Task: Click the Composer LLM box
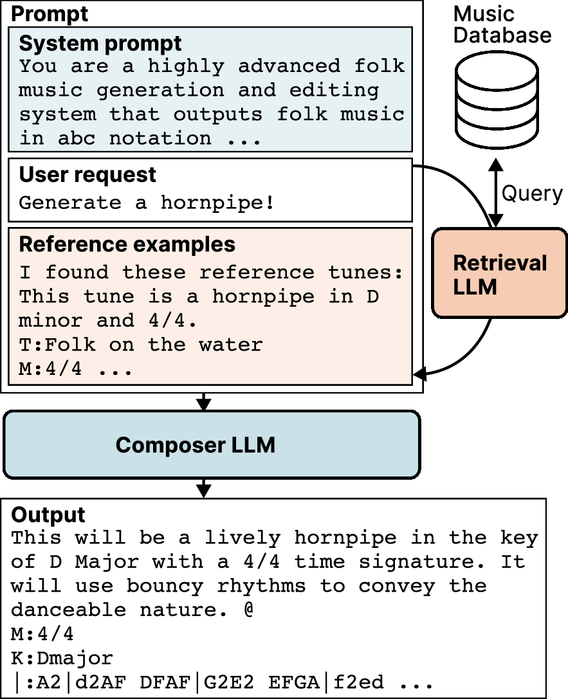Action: point(212,444)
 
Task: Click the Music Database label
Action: point(502,24)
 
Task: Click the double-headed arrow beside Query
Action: point(495,192)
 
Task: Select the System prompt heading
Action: point(100,44)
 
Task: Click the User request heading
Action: point(87,174)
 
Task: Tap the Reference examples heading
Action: point(127,244)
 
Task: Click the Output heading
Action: point(48,514)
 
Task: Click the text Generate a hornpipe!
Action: point(147,203)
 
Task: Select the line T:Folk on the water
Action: point(141,345)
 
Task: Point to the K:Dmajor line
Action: point(62,658)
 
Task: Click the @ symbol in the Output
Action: point(249,610)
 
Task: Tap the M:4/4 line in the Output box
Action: point(42,634)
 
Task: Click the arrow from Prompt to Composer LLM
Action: point(204,401)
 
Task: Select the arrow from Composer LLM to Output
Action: point(204,487)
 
